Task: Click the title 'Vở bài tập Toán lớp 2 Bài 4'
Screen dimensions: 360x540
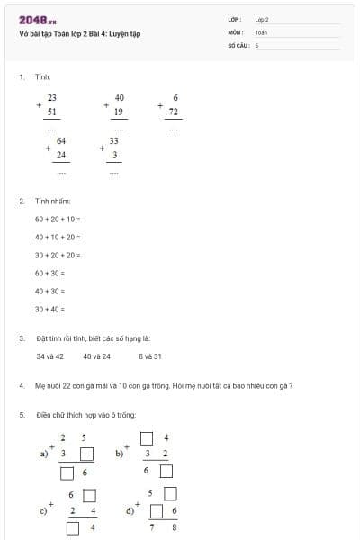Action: (79, 34)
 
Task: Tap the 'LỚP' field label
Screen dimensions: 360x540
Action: (234, 18)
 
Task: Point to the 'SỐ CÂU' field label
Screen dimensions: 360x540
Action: (238, 44)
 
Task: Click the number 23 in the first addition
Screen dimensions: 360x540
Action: (52, 97)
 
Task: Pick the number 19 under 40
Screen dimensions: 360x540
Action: (120, 112)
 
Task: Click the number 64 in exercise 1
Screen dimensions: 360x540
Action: (61, 141)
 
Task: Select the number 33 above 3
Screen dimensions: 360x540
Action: (114, 141)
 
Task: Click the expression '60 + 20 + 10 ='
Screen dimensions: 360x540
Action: (58, 220)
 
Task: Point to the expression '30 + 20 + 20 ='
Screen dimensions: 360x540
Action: (58, 255)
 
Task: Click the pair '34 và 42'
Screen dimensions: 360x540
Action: (49, 356)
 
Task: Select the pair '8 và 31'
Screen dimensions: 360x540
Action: (150, 356)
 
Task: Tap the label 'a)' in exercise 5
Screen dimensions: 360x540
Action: (44, 454)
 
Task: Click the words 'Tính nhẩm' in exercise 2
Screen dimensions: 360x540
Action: (52, 202)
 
